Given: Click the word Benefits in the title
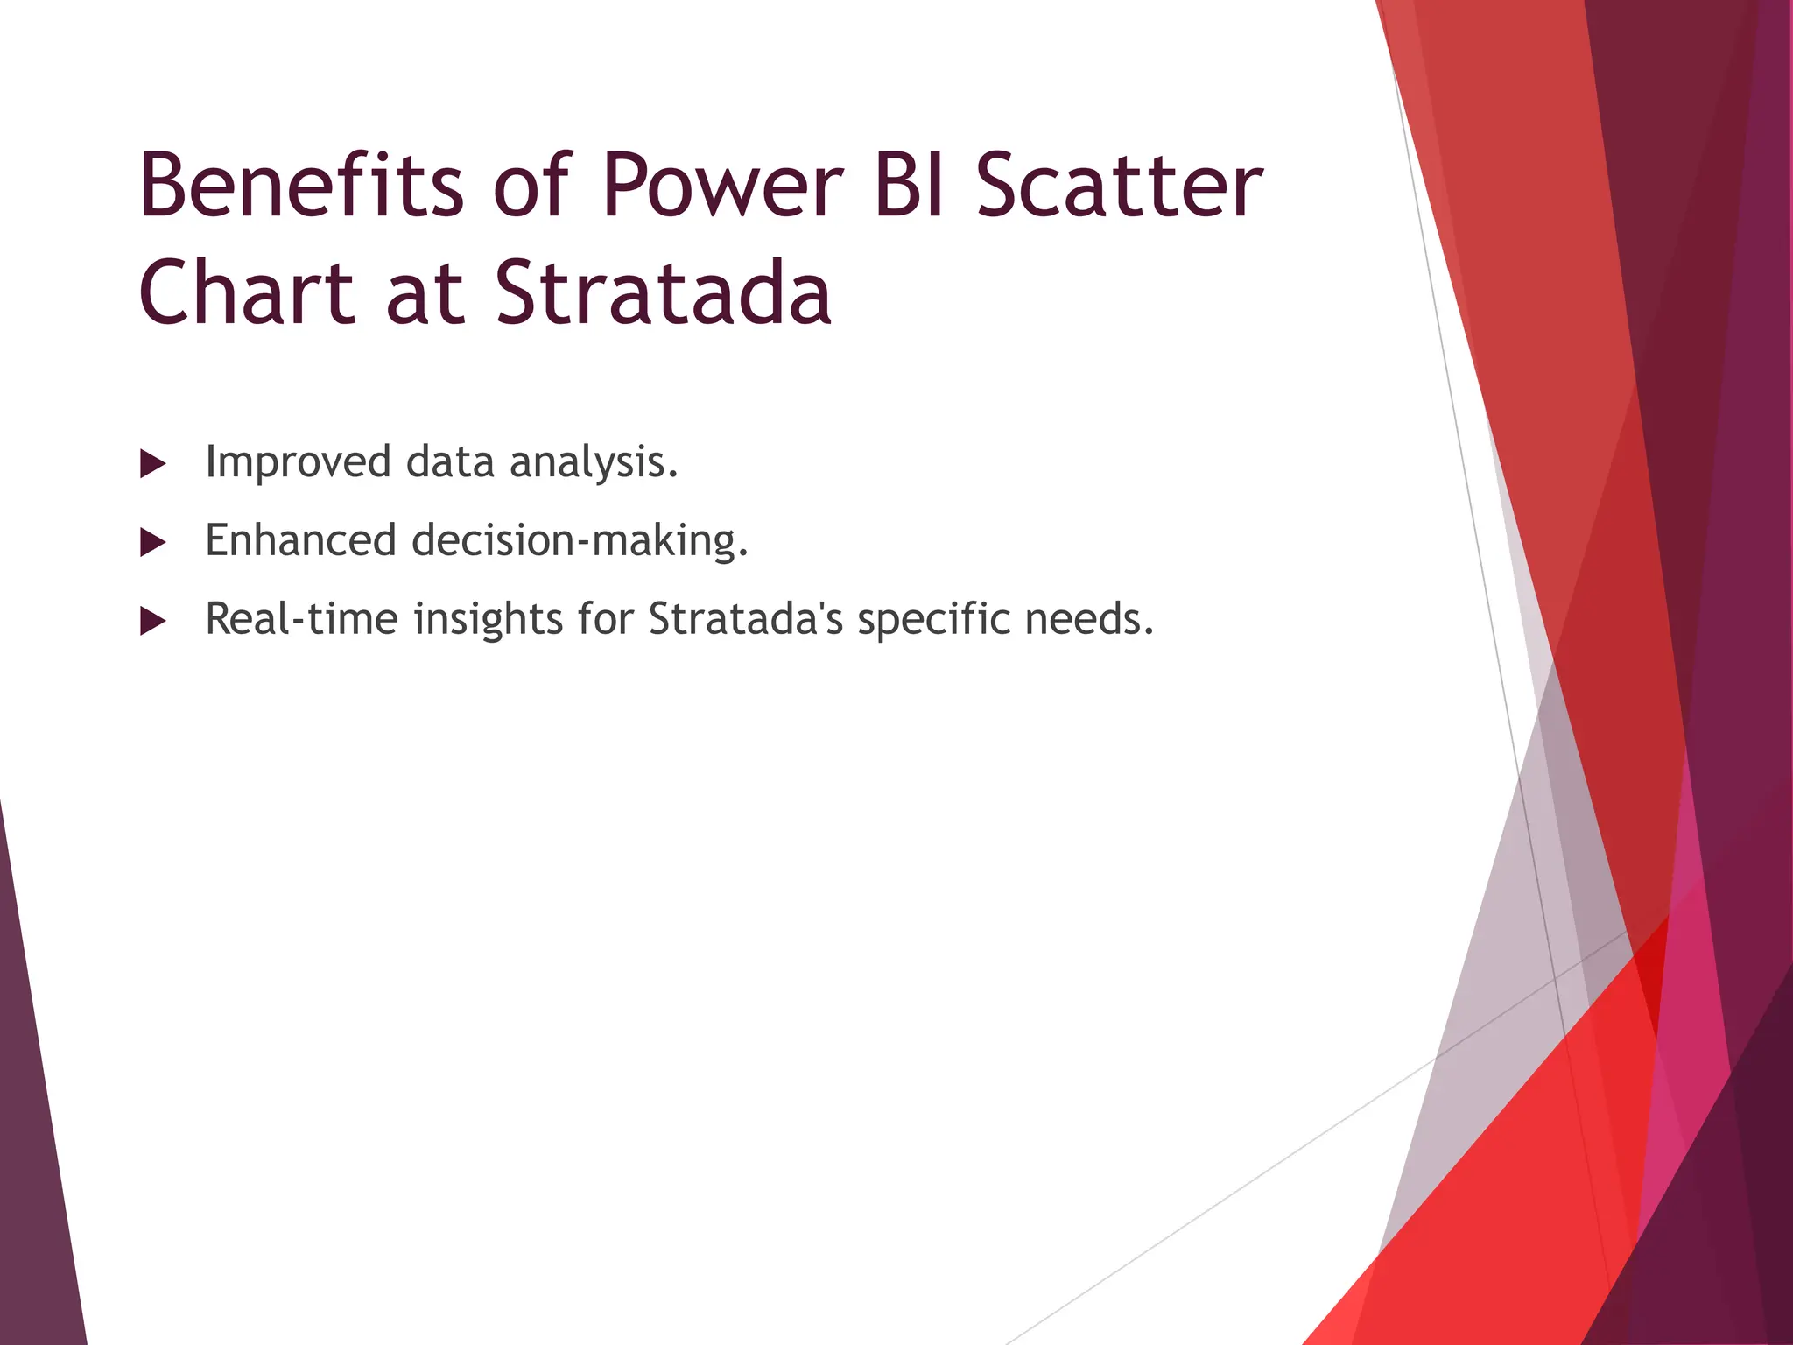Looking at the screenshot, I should click(300, 186).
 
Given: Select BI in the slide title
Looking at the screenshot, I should click(909, 186).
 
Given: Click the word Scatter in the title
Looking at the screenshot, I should click(1119, 186).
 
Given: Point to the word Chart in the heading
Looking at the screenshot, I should click(246, 293).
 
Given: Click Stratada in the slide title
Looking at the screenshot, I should click(663, 293).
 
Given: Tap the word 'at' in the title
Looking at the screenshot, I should click(424, 293).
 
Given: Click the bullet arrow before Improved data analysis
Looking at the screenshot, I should click(152, 464).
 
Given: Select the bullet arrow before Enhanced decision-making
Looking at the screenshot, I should click(152, 543).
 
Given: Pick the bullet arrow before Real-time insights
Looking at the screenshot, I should click(152, 622).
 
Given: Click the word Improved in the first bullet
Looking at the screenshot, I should click(298, 461).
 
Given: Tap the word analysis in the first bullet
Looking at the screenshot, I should click(593, 461).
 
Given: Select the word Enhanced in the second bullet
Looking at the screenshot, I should click(299, 540).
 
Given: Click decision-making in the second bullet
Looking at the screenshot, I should click(579, 540).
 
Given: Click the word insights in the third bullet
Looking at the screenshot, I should click(487, 619).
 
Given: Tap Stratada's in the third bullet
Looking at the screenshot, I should click(745, 619).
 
